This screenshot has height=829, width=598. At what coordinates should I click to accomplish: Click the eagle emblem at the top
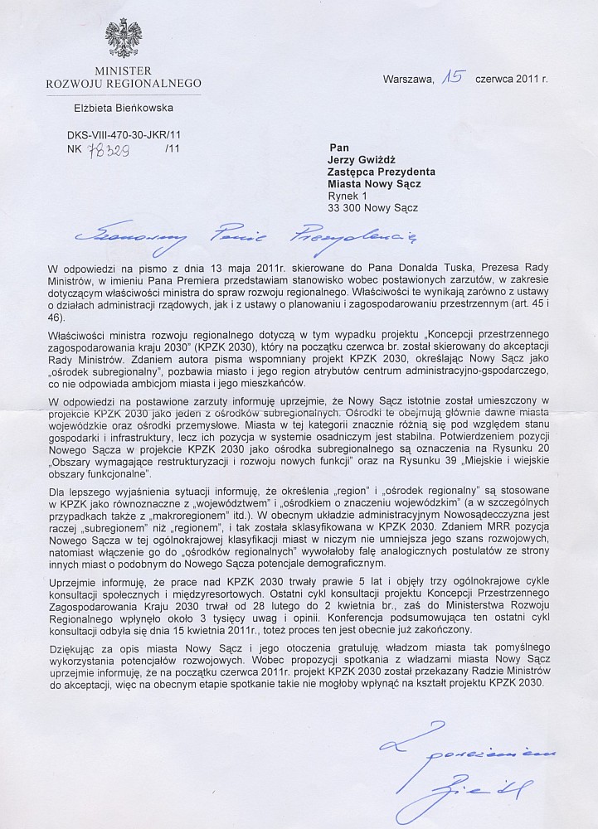[x=123, y=38]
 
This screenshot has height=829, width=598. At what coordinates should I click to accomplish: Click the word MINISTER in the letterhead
[x=123, y=71]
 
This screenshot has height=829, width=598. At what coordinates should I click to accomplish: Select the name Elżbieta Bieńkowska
[x=123, y=106]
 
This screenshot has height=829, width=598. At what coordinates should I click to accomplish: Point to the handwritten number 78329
[x=103, y=148]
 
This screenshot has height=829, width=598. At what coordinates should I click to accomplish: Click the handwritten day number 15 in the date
[x=451, y=79]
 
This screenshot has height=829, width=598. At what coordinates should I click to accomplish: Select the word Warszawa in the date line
[x=407, y=80]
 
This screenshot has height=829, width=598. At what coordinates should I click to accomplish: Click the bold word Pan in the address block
[x=339, y=147]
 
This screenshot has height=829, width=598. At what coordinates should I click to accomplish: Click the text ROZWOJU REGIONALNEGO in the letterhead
[x=123, y=84]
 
